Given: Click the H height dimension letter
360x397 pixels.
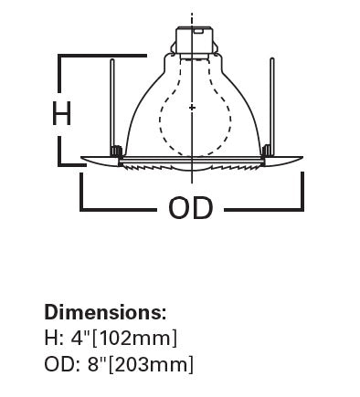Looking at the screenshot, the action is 62,113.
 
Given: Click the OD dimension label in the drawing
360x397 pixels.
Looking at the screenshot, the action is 190,207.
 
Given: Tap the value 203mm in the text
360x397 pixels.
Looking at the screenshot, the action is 153,364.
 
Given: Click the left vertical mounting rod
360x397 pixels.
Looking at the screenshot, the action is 112,105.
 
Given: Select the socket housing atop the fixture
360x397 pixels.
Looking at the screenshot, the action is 193,41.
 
